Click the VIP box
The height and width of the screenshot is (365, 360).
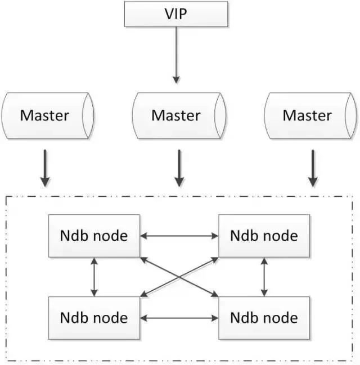point(176,14)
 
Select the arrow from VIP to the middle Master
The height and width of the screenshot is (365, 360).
point(176,55)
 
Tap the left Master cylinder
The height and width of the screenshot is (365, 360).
point(48,116)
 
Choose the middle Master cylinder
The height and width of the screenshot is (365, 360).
point(179,116)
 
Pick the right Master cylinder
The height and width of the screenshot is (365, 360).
point(310,116)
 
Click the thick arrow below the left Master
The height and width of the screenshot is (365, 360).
point(45,168)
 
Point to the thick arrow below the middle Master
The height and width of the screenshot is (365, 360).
point(179,168)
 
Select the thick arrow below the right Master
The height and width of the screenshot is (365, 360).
point(313,168)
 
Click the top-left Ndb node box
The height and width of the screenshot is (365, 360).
point(94,236)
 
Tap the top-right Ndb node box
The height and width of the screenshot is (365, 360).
point(264,236)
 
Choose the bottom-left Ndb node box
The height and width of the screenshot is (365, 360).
point(94,318)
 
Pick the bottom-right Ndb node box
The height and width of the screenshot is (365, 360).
point(264,318)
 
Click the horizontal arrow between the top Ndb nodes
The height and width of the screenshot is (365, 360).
point(179,236)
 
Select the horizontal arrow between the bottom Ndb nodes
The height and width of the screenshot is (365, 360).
point(179,318)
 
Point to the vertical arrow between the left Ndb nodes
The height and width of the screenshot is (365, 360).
point(94,277)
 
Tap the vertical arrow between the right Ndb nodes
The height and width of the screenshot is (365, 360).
point(264,277)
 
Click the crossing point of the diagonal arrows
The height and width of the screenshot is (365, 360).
point(179,277)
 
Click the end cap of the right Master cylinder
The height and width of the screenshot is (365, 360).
point(350,116)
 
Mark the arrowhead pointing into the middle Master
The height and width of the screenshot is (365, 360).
point(176,80)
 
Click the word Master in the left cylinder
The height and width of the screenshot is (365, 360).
point(44,115)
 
